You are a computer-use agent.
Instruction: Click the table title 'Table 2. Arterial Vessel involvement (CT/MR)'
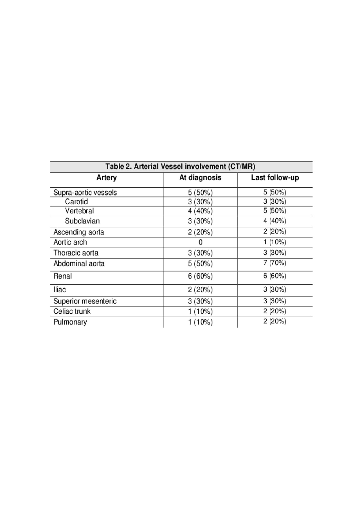pyautogui.click(x=180, y=167)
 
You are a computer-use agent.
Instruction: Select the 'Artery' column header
pyautogui.click(x=106, y=178)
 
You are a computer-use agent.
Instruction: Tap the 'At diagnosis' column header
pyautogui.click(x=200, y=178)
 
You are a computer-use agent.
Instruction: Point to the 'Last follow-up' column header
pyautogui.click(x=275, y=178)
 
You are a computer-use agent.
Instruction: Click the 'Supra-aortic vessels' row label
pyautogui.click(x=85, y=192)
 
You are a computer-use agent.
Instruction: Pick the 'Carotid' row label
pyautogui.click(x=76, y=202)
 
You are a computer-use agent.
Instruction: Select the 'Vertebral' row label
pyautogui.click(x=79, y=211)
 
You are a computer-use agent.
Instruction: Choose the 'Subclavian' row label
pyautogui.click(x=82, y=221)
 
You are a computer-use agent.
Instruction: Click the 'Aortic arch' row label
pyautogui.click(x=70, y=242)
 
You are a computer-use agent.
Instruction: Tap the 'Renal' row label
pyautogui.click(x=63, y=276)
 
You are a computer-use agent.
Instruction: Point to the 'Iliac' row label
pyautogui.click(x=60, y=290)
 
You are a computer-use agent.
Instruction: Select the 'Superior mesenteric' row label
pyautogui.click(x=85, y=301)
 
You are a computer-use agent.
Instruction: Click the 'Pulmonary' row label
pyautogui.click(x=70, y=322)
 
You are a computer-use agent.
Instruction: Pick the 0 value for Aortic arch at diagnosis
pyautogui.click(x=200, y=242)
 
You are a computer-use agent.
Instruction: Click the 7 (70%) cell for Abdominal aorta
pyautogui.click(x=275, y=263)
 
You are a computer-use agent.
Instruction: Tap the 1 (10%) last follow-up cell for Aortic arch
pyautogui.click(x=275, y=242)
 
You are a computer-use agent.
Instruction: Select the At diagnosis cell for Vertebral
pyautogui.click(x=200, y=211)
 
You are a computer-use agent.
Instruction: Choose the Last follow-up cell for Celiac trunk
pyautogui.click(x=275, y=311)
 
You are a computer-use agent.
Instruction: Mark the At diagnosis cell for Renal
pyautogui.click(x=200, y=276)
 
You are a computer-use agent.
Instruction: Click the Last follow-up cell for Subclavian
pyautogui.click(x=275, y=221)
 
